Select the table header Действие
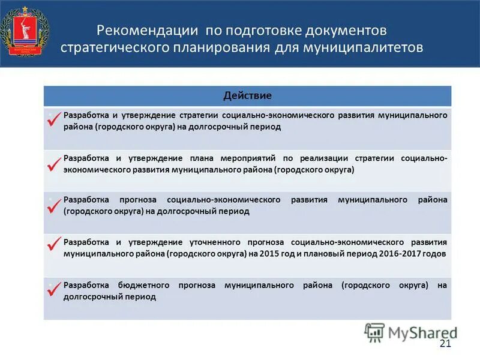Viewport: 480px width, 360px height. coord(247,95)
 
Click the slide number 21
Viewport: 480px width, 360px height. coord(445,343)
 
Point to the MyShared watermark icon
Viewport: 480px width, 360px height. coord(374,332)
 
